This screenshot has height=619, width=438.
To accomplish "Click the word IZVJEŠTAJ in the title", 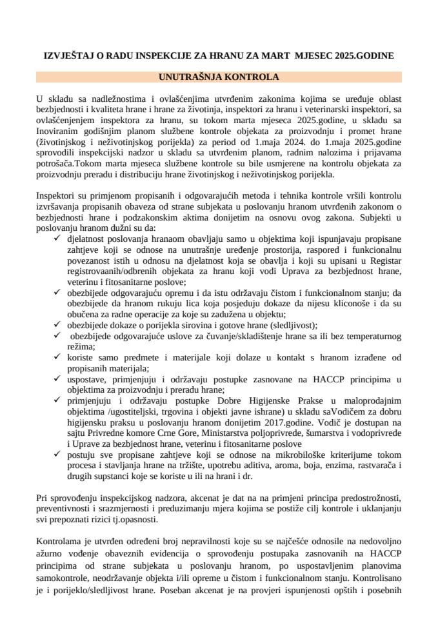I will [66, 56].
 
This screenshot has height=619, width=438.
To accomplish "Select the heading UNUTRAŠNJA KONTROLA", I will [219, 77].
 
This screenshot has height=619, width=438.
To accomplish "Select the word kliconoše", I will [353, 304].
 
